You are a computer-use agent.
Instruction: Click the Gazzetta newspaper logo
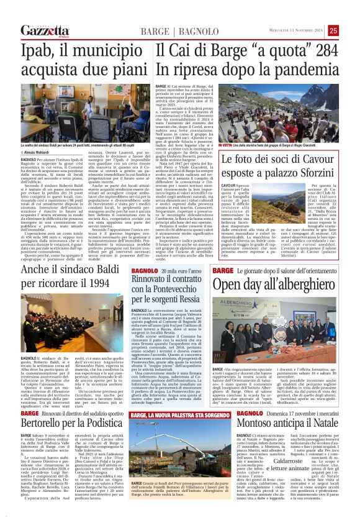point(43,30)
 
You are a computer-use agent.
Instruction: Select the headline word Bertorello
point(43,423)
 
